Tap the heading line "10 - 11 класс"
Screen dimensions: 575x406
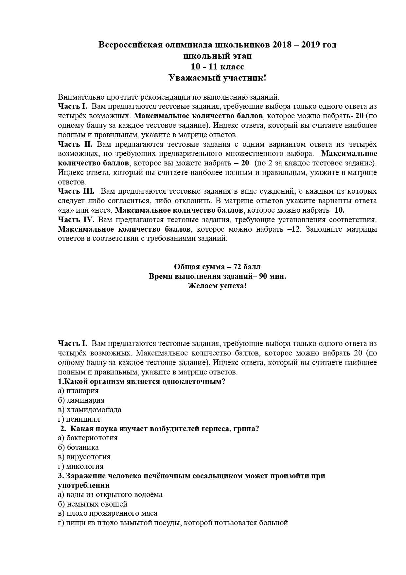tap(218, 67)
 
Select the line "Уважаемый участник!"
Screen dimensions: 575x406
tap(218, 78)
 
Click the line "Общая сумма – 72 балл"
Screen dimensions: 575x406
tap(217, 267)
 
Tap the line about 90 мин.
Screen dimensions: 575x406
tap(217, 276)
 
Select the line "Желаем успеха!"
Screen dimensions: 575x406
tap(217, 286)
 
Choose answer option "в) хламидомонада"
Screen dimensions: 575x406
tap(89, 410)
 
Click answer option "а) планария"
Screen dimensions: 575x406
tap(78, 391)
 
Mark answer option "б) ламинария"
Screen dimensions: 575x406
tap(81, 400)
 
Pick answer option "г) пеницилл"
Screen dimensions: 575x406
tap(79, 419)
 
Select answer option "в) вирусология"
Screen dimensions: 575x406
tap(84, 457)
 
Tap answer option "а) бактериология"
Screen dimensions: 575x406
tap(88, 438)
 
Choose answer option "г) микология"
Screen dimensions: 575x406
tap(80, 467)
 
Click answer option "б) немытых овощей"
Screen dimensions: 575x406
tap(93, 504)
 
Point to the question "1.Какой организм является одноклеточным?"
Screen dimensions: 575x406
tap(142, 382)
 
